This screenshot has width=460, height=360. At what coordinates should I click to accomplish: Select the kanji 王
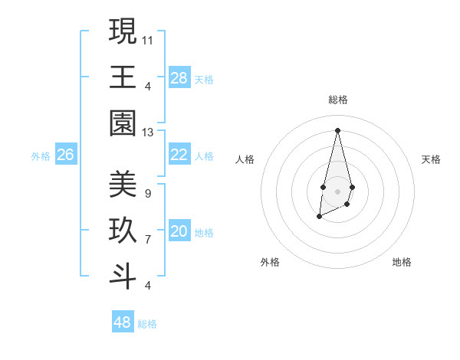(123, 77)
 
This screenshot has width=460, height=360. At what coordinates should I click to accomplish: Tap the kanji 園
(123, 123)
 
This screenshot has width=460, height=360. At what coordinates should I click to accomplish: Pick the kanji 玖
(123, 231)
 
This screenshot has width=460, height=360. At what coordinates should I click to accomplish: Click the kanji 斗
(123, 277)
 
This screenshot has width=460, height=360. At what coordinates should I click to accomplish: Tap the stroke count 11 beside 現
(148, 39)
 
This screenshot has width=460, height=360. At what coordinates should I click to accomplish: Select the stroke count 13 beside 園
(148, 133)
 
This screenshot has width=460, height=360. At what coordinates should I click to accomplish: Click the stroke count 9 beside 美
(147, 193)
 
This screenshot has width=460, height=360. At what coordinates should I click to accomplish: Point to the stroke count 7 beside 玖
(147, 240)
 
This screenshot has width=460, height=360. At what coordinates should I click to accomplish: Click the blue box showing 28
(179, 78)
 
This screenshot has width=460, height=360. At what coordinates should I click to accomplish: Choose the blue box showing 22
(179, 155)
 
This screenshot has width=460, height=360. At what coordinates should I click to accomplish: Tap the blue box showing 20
(179, 231)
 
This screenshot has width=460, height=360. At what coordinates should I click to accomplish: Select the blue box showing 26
(65, 155)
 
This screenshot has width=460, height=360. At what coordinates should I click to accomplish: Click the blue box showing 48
(123, 322)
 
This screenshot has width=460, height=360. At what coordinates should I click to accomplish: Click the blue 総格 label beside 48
(147, 324)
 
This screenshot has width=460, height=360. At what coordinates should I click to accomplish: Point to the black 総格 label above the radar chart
(337, 100)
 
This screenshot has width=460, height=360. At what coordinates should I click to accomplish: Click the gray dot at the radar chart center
(337, 190)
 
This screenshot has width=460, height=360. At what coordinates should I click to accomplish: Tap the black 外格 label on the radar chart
(270, 262)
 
